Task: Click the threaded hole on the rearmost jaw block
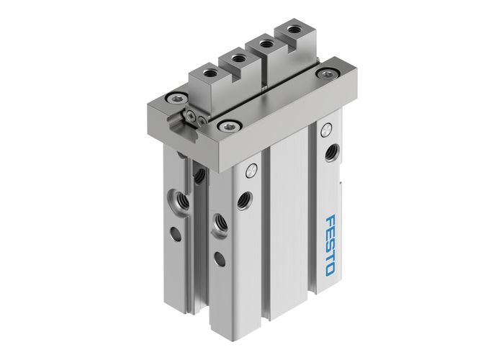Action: (292, 30)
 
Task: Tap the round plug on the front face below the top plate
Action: (250, 171)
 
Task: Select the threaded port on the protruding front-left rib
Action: (217, 219)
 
